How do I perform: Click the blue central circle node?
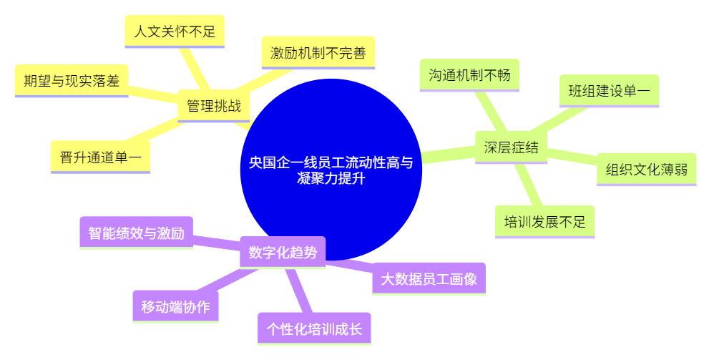pyautogui.click(x=331, y=170)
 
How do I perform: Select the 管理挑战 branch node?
pyautogui.click(x=213, y=106)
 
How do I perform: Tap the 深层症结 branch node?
pyautogui.click(x=511, y=147)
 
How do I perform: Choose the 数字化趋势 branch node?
pyautogui.click(x=283, y=253)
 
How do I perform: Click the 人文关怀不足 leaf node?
pyautogui.click(x=175, y=31)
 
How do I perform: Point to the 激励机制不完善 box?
pyautogui.click(x=318, y=53)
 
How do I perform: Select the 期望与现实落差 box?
pyautogui.click(x=72, y=81)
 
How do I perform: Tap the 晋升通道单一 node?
pyautogui.click(x=100, y=157)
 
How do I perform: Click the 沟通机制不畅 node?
pyautogui.click(x=469, y=75)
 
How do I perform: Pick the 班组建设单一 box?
pyautogui.click(x=609, y=91)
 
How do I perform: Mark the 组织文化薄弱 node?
pyautogui.click(x=647, y=170)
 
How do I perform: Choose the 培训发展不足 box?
pyautogui.click(x=545, y=222)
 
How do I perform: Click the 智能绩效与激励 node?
pyautogui.click(x=137, y=233)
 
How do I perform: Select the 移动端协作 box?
pyautogui.click(x=175, y=306)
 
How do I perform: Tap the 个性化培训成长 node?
pyautogui.click(x=314, y=329)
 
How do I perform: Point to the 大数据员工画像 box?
pyautogui.click(x=429, y=279)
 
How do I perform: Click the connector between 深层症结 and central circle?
pyautogui.click(x=448, y=155)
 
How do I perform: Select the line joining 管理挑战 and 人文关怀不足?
pyautogui.click(x=195, y=69)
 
